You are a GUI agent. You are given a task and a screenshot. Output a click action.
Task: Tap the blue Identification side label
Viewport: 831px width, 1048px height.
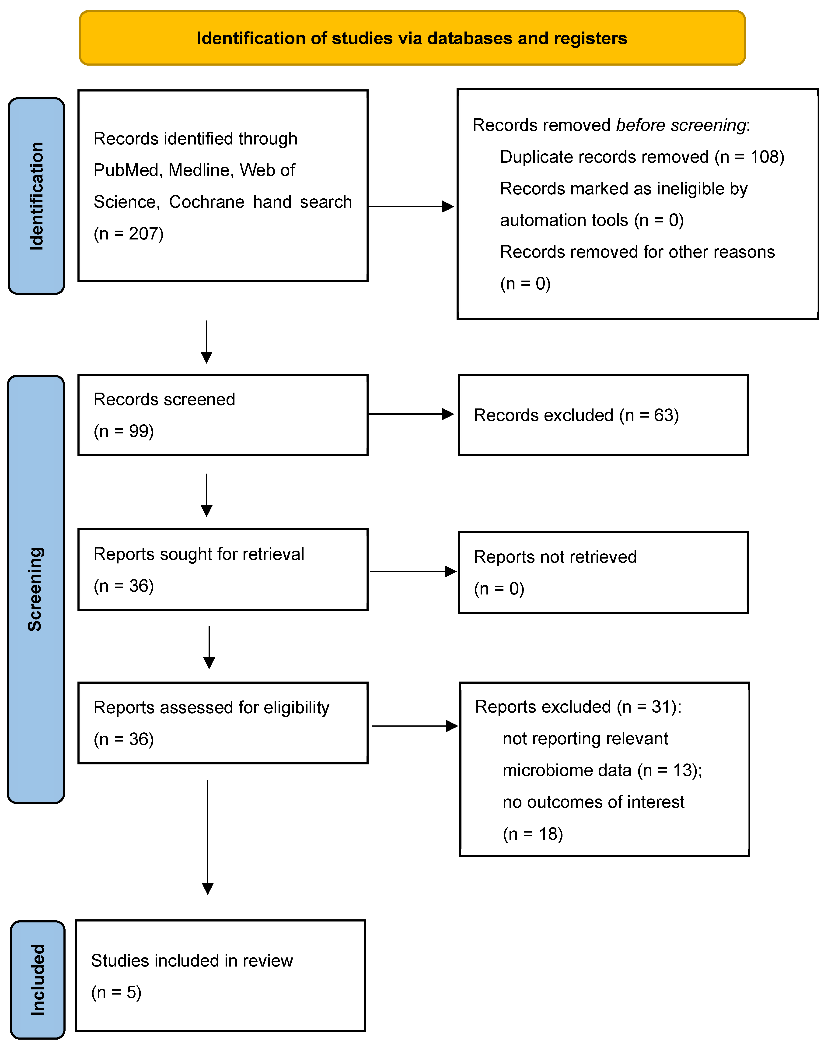(36, 196)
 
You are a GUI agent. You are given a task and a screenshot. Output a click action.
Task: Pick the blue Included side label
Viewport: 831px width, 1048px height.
(37, 979)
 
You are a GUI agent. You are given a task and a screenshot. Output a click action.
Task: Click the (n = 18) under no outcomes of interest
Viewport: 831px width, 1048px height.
(533, 834)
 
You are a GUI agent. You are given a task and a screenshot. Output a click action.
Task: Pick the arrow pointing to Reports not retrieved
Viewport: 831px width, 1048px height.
(413, 572)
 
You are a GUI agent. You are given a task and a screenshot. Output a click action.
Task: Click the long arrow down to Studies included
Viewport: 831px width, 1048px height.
(207, 836)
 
